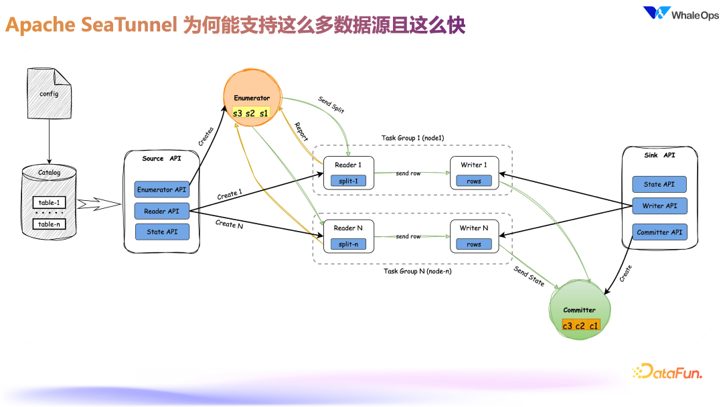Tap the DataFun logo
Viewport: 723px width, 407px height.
[x=667, y=372]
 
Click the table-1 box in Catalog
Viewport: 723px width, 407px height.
[x=49, y=201]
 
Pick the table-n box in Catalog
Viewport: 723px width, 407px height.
[x=49, y=224]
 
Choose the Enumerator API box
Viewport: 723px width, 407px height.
[x=161, y=189]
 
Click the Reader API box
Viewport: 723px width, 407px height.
[x=161, y=211]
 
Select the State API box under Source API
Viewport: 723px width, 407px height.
[x=161, y=232]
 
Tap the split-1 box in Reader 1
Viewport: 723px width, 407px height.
[x=348, y=181]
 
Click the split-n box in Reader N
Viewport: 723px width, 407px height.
[x=348, y=244]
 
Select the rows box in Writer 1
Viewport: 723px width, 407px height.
[x=474, y=181]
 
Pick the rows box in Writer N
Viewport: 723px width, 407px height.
[x=474, y=244]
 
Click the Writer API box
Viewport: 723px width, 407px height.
[x=659, y=206]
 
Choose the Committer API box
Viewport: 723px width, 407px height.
[x=659, y=232]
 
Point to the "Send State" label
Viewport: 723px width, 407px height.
[x=529, y=276]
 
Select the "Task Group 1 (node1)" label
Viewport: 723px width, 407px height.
[x=413, y=138]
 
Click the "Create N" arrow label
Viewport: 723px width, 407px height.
[x=230, y=224]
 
